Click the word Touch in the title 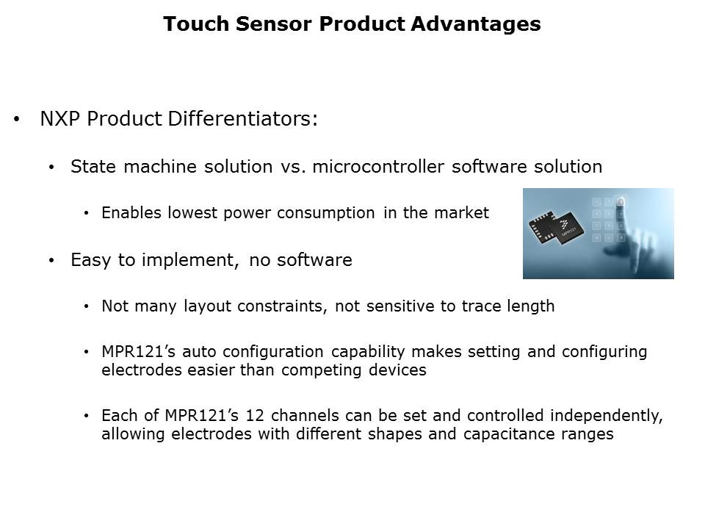196,24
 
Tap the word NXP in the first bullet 59,119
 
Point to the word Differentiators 243,119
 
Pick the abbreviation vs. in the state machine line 293,167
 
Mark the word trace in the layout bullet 481,306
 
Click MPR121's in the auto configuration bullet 139,351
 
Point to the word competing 321,370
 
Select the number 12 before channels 255,415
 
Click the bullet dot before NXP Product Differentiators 17,119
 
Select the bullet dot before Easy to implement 51,260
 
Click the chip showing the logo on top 568,229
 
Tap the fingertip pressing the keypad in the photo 622,201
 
